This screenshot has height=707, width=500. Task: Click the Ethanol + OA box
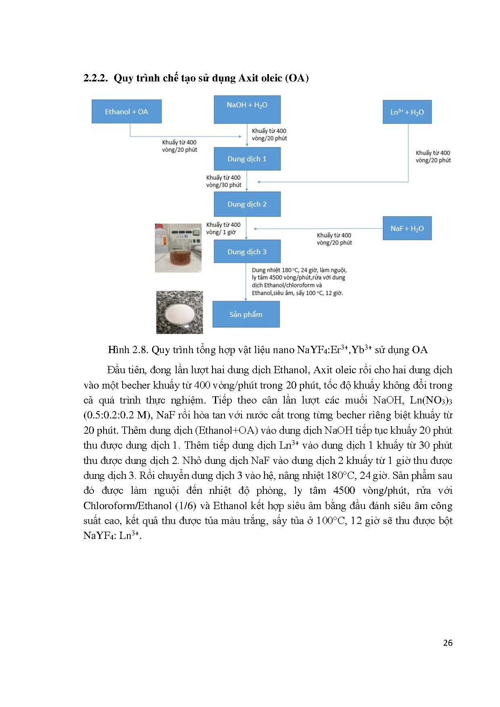127,112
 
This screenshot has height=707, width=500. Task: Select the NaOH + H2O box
247,109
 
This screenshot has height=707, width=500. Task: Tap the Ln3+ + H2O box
407,112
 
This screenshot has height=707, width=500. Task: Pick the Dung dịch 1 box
247,159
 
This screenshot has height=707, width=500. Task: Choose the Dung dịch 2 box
247,204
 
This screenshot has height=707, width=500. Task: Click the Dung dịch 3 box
247,252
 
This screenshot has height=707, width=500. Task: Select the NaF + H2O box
407,229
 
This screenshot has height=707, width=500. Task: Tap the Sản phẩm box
246,314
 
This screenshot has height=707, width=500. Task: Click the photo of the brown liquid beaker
178,248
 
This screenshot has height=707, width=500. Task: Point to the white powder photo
179,312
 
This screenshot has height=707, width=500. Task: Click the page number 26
448,643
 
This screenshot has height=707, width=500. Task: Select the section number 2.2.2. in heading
96,78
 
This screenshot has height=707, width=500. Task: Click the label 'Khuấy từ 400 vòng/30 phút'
223,181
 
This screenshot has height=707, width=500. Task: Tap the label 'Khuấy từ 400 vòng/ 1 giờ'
223,229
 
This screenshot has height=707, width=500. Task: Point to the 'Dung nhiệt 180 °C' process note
298,281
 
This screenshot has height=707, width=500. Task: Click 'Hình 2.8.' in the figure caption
124,350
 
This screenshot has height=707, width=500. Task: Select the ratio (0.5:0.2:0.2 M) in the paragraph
118,415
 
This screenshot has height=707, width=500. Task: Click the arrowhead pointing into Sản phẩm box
246,299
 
